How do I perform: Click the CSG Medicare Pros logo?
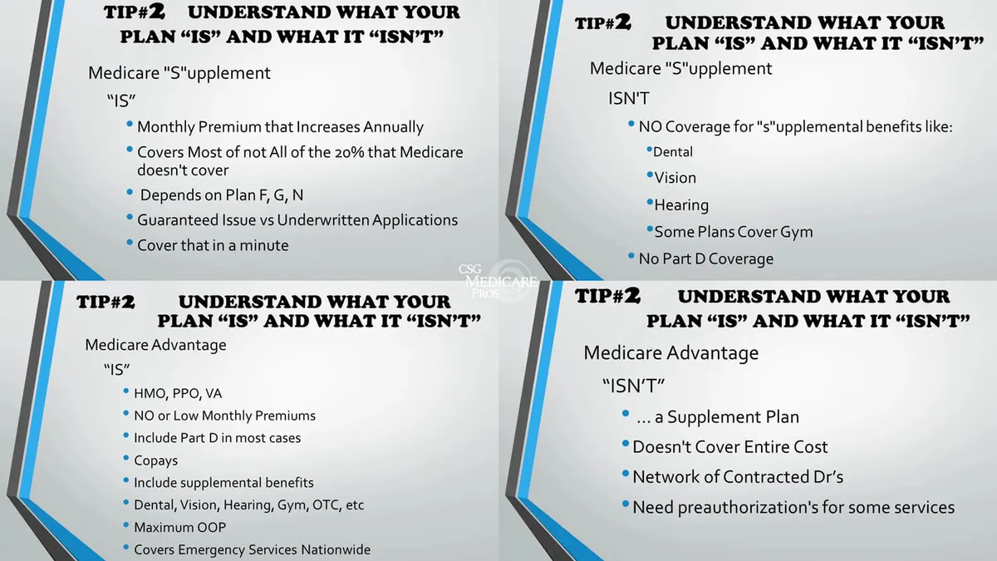[x=498, y=282]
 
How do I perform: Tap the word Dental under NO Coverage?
[x=672, y=152]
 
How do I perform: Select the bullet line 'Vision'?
[x=675, y=178]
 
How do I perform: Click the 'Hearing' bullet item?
[x=681, y=205]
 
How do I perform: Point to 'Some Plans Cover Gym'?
[x=733, y=232]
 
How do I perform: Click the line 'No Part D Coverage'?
[x=706, y=258]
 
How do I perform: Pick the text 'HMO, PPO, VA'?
[x=178, y=394]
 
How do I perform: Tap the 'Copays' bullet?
[x=156, y=460]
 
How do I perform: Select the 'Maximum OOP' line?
[x=179, y=527]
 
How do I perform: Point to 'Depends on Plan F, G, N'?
[x=222, y=195]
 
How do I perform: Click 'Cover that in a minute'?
[x=213, y=245]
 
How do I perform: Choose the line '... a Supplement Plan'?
[x=718, y=417]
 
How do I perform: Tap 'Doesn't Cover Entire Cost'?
[x=730, y=447]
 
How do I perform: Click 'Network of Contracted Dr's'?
[x=738, y=477]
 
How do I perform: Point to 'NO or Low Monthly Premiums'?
[x=225, y=416]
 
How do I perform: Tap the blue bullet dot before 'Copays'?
[x=126, y=458]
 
